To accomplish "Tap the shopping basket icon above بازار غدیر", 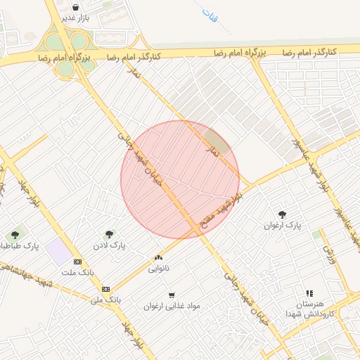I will coord(75,7).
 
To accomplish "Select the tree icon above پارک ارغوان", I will coord(283,214).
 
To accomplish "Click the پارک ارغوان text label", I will coord(282,226).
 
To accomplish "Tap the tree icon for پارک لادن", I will coord(109,234).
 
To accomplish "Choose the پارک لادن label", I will coord(108,245).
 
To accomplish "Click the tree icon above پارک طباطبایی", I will coord(15,235).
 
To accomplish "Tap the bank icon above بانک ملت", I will coord(77,262).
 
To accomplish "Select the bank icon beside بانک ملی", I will coord(105,288).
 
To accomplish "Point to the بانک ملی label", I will coord(105,299).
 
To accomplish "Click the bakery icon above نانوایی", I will coord(158,258).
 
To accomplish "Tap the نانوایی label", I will coord(158,269).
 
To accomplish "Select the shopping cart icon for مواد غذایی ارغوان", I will coord(172,295).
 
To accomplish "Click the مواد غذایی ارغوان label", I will coord(172,307).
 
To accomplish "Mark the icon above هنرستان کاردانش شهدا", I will coord(309,293).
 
